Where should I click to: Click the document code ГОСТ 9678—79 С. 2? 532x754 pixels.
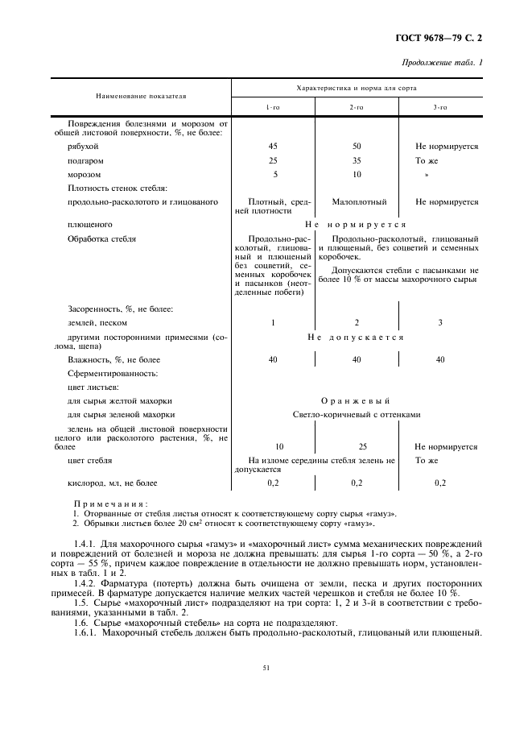443,37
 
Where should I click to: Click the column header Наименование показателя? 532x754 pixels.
142,96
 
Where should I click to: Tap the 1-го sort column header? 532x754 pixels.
274,106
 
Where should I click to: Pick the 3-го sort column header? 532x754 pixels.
439,106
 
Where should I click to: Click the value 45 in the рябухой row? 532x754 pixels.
274,147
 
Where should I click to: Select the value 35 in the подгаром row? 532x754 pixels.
357,160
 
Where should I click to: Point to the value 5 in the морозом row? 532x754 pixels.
274,174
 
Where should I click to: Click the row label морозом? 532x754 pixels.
85,174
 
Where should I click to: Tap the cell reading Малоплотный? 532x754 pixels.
359,201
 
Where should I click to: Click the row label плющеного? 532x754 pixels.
90,224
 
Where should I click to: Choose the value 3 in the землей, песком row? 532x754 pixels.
439,322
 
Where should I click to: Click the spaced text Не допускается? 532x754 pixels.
356,337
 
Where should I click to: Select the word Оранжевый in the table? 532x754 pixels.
356,400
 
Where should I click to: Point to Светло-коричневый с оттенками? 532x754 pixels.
356,414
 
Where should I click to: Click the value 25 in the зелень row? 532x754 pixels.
357,445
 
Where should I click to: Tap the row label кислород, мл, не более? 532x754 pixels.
113,483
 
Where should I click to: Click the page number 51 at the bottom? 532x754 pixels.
266,667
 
